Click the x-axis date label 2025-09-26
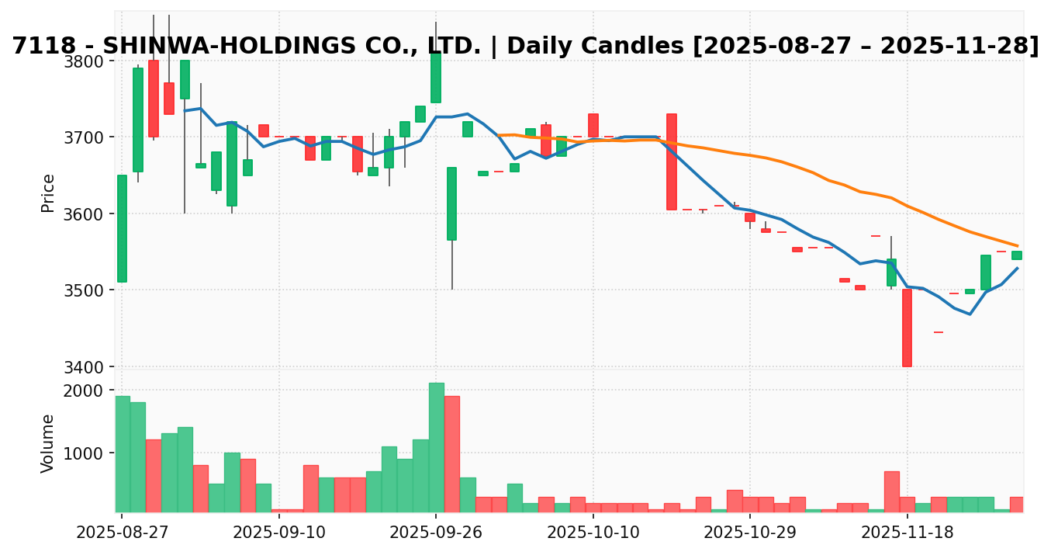click(x=436, y=533)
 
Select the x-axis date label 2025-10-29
click(x=750, y=533)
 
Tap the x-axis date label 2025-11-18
click(x=907, y=533)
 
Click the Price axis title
click(x=48, y=193)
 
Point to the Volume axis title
click(x=48, y=443)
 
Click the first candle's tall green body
click(x=122, y=228)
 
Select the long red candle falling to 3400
click(x=907, y=328)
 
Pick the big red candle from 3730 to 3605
click(x=672, y=161)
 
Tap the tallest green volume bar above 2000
click(x=436, y=447)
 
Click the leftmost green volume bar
click(x=122, y=453)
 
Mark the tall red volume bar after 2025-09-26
click(x=451, y=453)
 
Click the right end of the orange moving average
click(x=1017, y=245)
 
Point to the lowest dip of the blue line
click(x=970, y=314)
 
